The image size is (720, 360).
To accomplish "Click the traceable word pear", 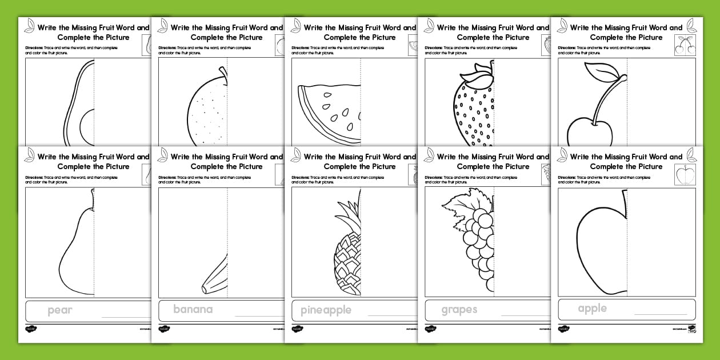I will (x=60, y=311).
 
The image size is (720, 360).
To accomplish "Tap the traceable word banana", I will (x=193, y=310).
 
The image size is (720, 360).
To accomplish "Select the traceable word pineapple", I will (x=326, y=311).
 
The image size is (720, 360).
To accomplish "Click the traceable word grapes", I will (x=459, y=310).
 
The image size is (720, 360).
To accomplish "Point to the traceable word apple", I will (x=592, y=309).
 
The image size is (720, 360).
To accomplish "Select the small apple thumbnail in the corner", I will (x=684, y=174).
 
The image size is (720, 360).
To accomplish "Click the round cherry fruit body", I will (x=589, y=134).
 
